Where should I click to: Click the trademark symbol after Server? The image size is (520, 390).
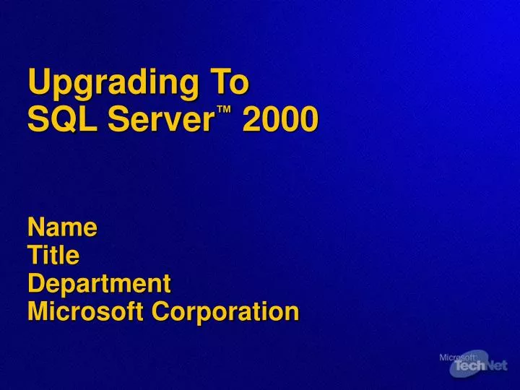[225, 110]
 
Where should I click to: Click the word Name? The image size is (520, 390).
[62, 227]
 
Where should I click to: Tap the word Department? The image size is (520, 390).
[99, 283]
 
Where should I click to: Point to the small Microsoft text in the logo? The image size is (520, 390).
[457, 357]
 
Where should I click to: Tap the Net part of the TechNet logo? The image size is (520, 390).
[496, 368]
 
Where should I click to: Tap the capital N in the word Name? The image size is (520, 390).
[36, 227]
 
